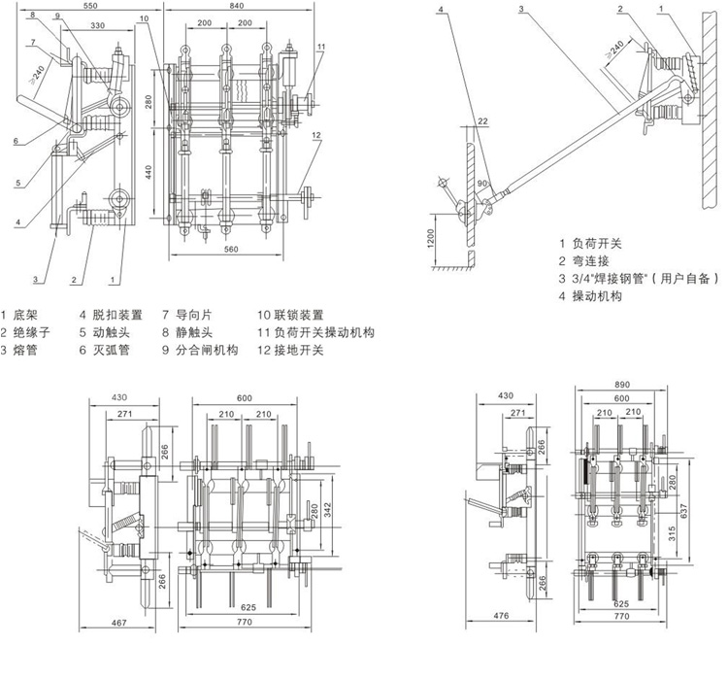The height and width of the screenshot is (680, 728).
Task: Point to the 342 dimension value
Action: (329, 508)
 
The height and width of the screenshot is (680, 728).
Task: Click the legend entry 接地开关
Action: (300, 350)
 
